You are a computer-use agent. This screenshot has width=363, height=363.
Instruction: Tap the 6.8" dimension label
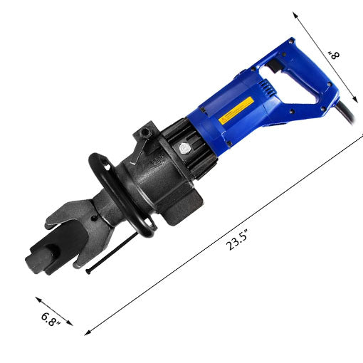click(x=51, y=320)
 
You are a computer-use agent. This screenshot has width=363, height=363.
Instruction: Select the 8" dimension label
click(x=334, y=56)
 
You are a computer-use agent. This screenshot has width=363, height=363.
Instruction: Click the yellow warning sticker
click(x=236, y=110)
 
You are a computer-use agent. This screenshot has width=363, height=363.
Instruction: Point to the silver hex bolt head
click(x=184, y=149)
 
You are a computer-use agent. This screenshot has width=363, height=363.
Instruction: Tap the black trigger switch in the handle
click(x=275, y=65)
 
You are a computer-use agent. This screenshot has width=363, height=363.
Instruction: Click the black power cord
click(x=347, y=112)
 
